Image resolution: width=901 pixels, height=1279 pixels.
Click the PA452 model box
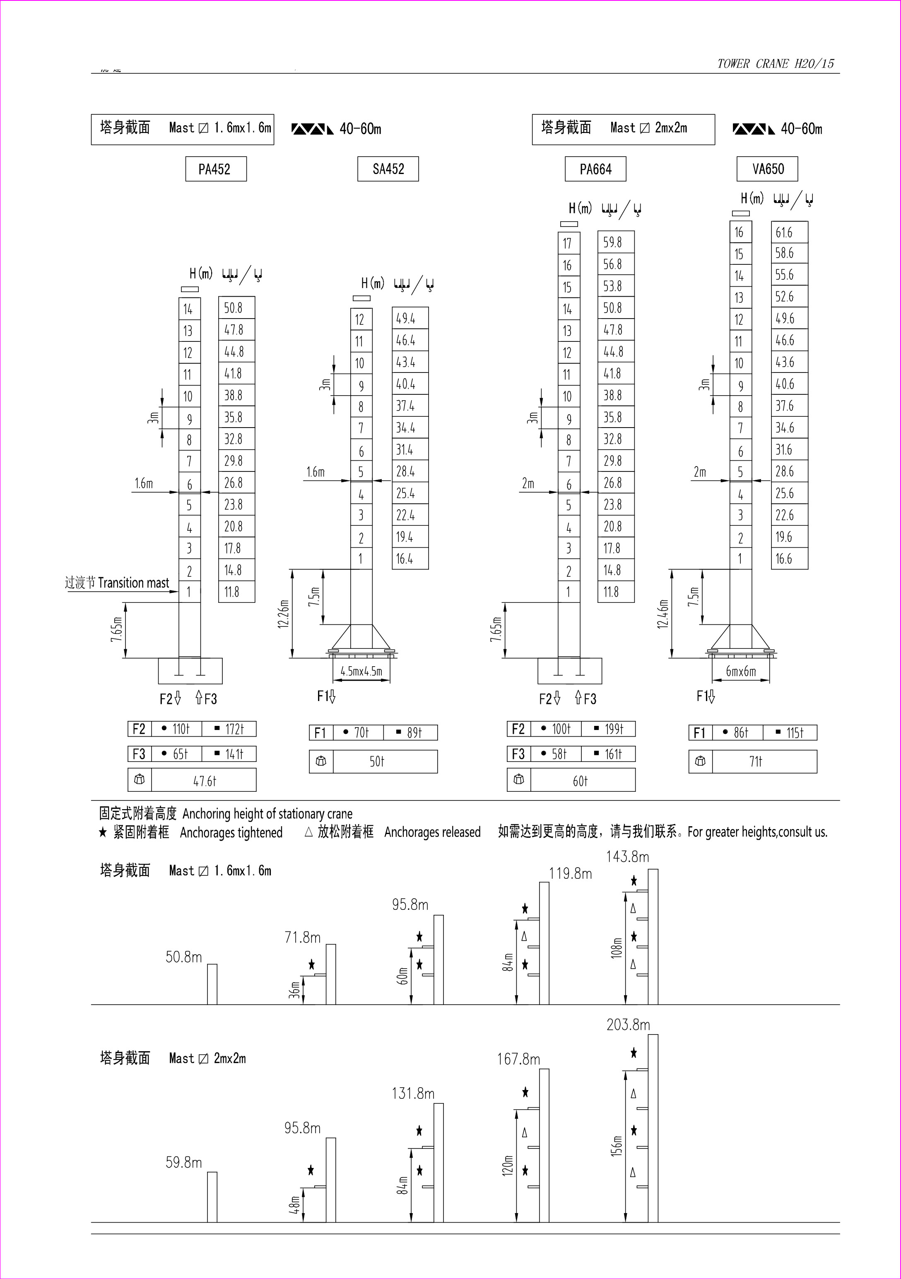pyautogui.click(x=216, y=169)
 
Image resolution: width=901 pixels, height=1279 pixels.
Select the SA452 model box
pyautogui.click(x=388, y=169)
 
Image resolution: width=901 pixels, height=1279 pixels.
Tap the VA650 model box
pyautogui.click(x=767, y=169)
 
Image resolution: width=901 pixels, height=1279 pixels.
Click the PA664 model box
pyautogui.click(x=595, y=169)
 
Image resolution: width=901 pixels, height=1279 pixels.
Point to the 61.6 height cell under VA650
pyautogui.click(x=789, y=232)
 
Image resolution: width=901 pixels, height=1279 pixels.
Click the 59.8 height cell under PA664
pyautogui.click(x=616, y=242)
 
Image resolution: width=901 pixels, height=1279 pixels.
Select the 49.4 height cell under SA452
pyautogui.click(x=410, y=318)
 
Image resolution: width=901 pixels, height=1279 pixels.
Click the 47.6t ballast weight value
pyautogui.click(x=205, y=781)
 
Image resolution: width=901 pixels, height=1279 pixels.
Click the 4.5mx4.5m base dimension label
pyautogui.click(x=361, y=671)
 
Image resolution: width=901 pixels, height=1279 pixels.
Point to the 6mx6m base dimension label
pyautogui.click(x=741, y=671)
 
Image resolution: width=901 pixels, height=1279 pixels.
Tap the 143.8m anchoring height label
pyautogui.click(x=628, y=857)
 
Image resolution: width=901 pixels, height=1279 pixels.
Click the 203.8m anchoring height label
pyautogui.click(x=628, y=1025)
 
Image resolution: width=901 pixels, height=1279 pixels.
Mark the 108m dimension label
pyautogui.click(x=617, y=948)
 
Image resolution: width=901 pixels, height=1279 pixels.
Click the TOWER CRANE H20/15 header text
pyautogui.click(x=776, y=63)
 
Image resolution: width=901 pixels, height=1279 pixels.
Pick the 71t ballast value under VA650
pyautogui.click(x=756, y=761)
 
